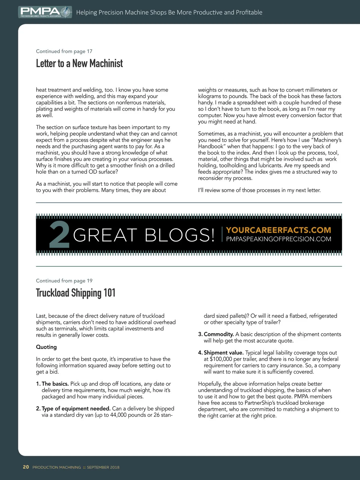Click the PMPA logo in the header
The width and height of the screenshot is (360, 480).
pos(45,12)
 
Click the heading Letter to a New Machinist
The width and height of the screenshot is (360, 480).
pos(79,63)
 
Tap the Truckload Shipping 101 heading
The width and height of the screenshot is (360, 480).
pos(76,293)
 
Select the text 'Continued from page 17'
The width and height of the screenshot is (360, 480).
pos(64,51)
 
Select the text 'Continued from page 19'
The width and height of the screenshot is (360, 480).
pos(64,281)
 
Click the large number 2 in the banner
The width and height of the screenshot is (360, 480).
pos(59,235)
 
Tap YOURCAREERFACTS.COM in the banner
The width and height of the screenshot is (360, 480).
pos(278,230)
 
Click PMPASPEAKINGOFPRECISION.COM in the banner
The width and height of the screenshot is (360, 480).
pos(278,239)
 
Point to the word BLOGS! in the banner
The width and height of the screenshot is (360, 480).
pos(180,235)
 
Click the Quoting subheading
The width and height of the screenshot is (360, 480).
pos(46,347)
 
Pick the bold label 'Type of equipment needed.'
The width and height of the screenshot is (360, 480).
pos(76,409)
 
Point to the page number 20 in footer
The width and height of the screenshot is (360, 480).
pos(26,467)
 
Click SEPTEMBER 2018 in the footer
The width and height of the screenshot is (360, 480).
pos(103,467)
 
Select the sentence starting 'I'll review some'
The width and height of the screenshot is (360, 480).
pos(259,190)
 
